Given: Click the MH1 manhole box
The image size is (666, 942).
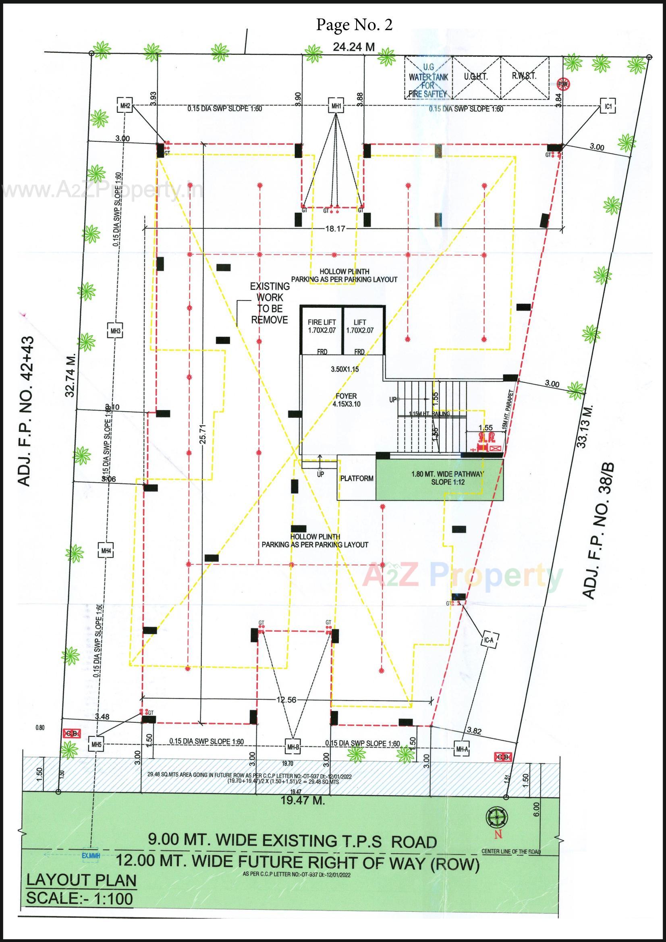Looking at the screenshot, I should click(336, 106).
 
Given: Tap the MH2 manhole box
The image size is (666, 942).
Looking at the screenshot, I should click(125, 106).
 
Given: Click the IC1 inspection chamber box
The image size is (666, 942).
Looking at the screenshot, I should click(608, 107).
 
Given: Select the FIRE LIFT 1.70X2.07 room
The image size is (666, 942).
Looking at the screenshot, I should click(322, 330).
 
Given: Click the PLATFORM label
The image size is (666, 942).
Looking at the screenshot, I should click(357, 478).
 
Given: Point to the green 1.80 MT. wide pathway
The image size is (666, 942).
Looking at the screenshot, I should click(440, 479).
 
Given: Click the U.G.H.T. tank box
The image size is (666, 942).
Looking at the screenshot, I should click(475, 77).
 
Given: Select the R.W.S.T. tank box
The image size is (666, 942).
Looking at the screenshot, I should click(524, 77).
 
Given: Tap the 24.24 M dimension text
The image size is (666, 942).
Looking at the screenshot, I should click(354, 47).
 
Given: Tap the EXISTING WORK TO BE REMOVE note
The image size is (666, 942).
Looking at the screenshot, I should click(270, 303).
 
